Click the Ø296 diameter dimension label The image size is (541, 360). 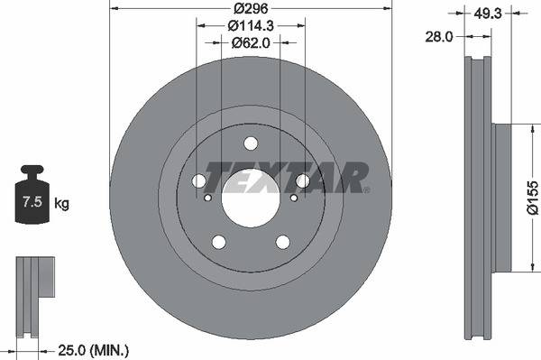click(x=251, y=9)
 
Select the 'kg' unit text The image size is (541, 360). click(x=62, y=203)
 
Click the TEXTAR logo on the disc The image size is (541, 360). click(x=287, y=177)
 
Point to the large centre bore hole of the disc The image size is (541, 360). click(x=251, y=198)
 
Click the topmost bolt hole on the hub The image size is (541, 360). click(x=251, y=143)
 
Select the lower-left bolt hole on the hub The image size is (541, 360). click(x=218, y=242)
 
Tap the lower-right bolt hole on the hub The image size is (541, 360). click(x=283, y=242)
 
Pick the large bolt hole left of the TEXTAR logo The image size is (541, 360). click(x=198, y=181)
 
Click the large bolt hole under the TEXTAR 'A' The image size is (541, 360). click(x=303, y=181)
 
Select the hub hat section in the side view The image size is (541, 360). click(x=500, y=197)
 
